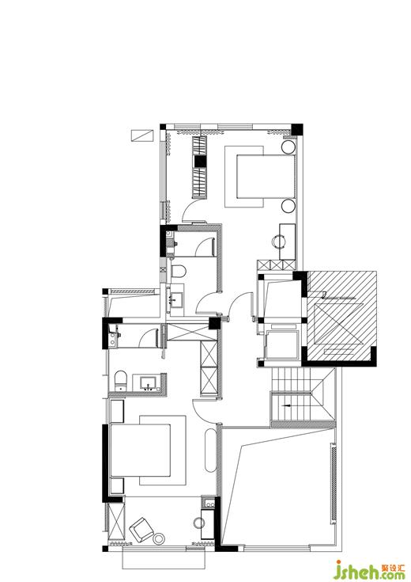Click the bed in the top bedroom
pyautogui.click(x=266, y=177)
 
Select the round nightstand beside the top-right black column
pyautogui.click(x=288, y=147)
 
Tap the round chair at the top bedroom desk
pyautogui.click(x=277, y=242)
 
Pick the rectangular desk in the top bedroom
pyautogui.click(x=288, y=242)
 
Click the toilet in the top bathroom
pyautogui.click(x=179, y=272)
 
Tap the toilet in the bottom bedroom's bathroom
pyautogui.click(x=120, y=380)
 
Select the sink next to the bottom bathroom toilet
pyautogui.click(x=149, y=382)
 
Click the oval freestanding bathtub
pyautogui.click(x=210, y=451)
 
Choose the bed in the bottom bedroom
pyautogui.click(x=140, y=451)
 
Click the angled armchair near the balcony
pyautogui.click(x=141, y=529)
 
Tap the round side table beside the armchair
pyautogui.click(x=160, y=538)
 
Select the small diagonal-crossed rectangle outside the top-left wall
pyautogui.click(x=142, y=135)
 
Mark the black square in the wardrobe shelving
pyautogui.click(x=200, y=162)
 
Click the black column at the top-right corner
pyautogui.click(x=297, y=130)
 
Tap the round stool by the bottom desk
pyautogui.click(x=199, y=523)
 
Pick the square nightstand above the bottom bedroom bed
pyautogui.click(x=117, y=410)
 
